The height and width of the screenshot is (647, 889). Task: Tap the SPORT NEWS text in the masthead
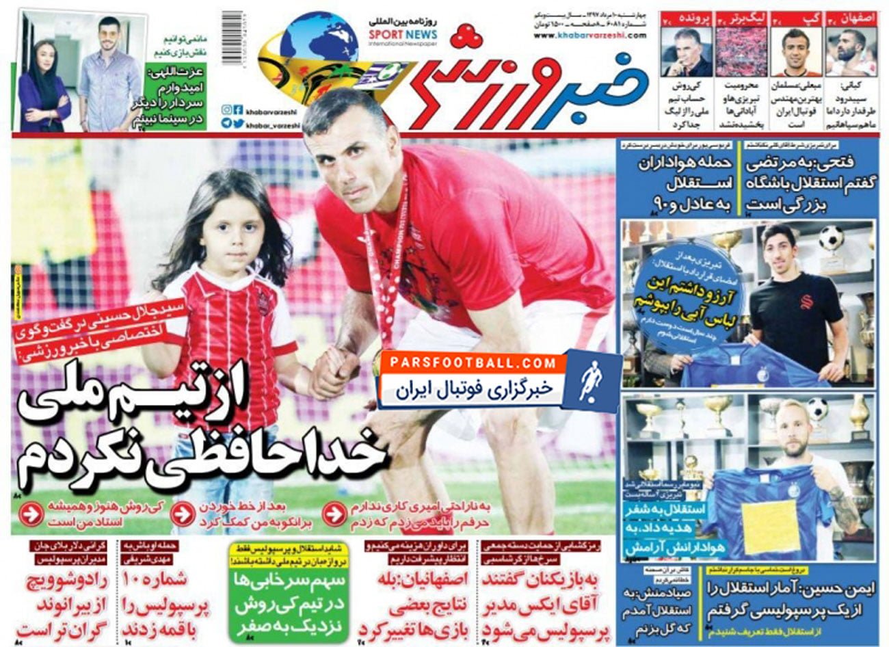pyautogui.click(x=403, y=35)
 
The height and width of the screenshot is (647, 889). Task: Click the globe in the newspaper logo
pyautogui.click(x=319, y=41)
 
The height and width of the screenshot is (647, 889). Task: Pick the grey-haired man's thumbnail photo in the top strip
pyautogui.click(x=686, y=52)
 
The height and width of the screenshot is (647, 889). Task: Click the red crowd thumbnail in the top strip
pyautogui.click(x=741, y=52)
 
